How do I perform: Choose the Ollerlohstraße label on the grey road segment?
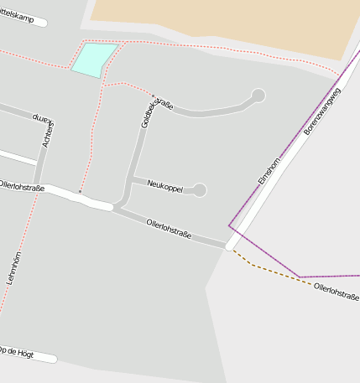[169, 229]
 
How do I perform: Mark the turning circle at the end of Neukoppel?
[200, 190]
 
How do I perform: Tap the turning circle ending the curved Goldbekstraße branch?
[258, 96]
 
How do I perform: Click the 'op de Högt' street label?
[18, 353]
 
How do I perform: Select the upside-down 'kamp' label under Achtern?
[42, 118]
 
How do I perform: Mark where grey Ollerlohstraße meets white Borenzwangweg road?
[229, 246]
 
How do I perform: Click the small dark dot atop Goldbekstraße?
[153, 95]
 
